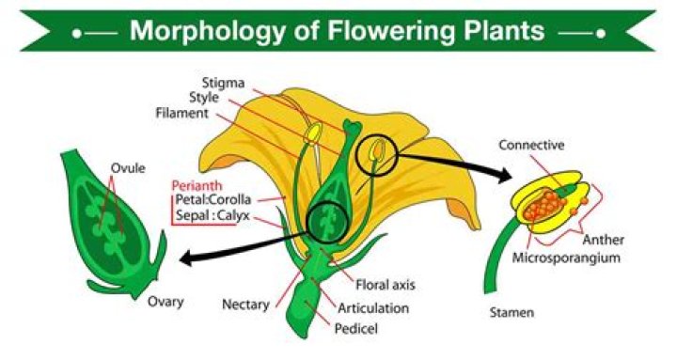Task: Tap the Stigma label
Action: click(x=223, y=81)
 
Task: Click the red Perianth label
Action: click(x=198, y=184)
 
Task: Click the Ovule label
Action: click(x=128, y=168)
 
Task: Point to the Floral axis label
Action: click(x=386, y=283)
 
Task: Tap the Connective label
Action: click(x=531, y=145)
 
